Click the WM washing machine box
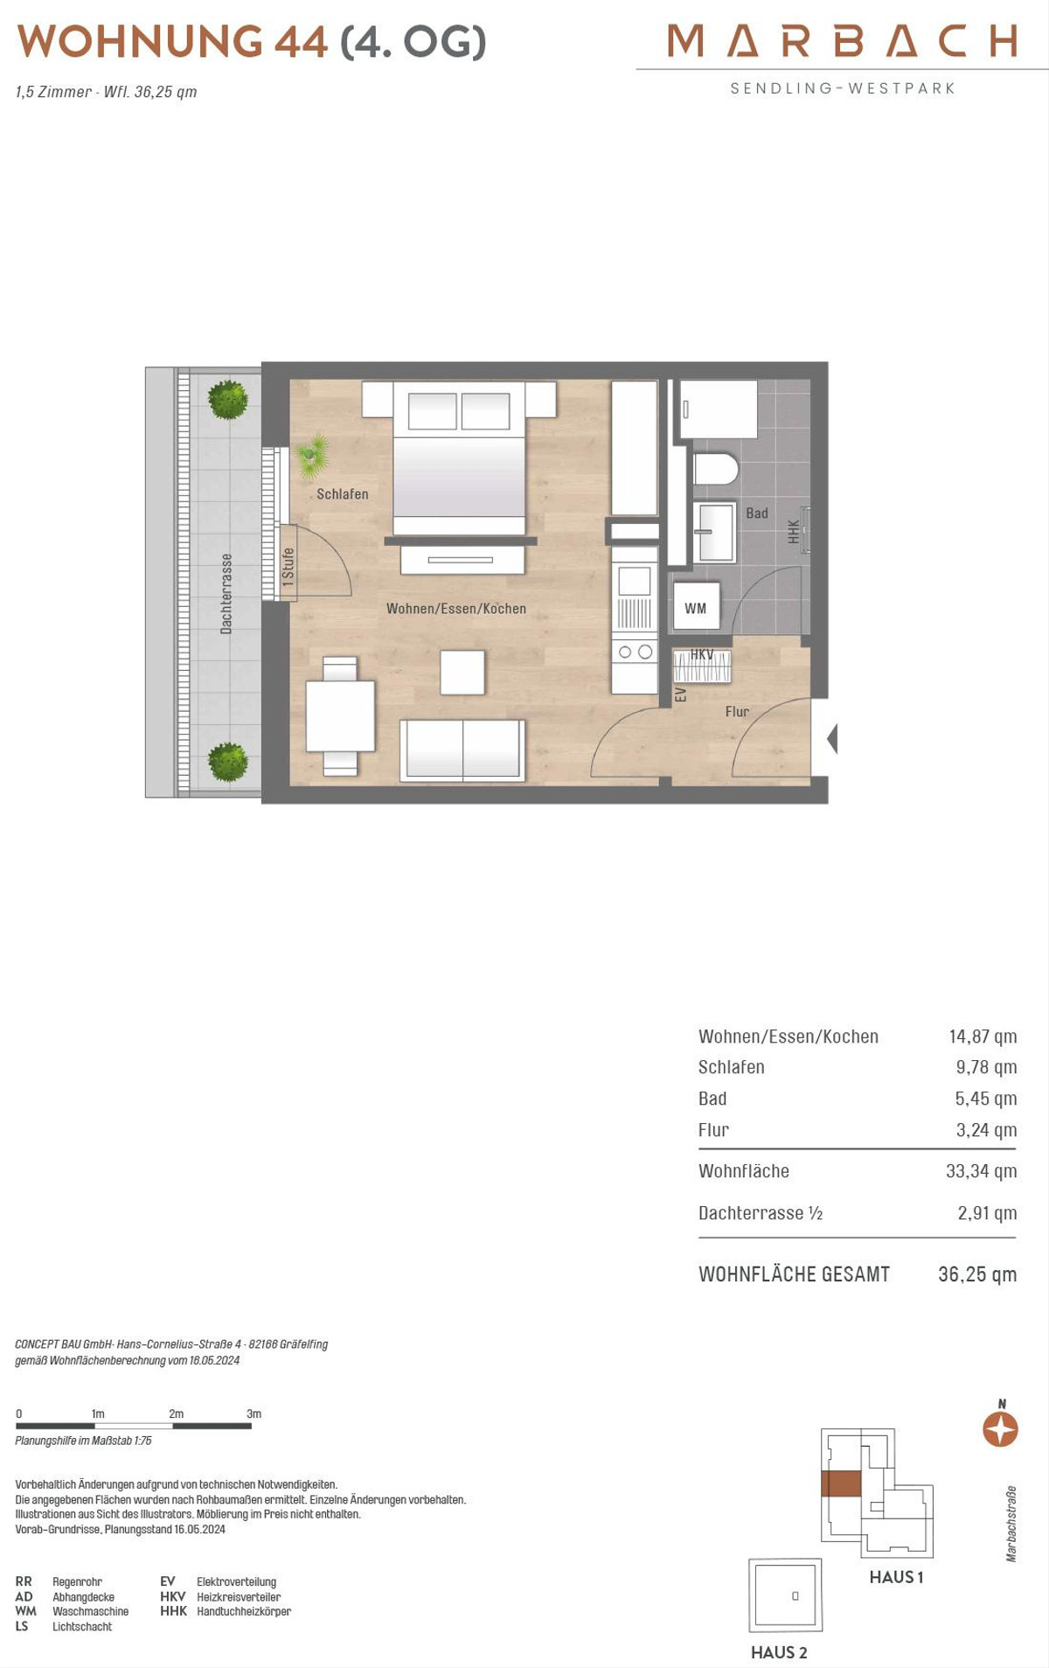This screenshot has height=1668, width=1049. pyautogui.click(x=696, y=606)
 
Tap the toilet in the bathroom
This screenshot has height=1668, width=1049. pyautogui.click(x=715, y=469)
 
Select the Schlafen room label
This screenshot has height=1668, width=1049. pyautogui.click(x=343, y=494)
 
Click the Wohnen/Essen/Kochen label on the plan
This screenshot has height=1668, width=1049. pyautogui.click(x=456, y=609)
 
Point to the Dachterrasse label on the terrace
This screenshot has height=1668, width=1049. pyautogui.click(x=226, y=593)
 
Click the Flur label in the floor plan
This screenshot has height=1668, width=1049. pyautogui.click(x=737, y=712)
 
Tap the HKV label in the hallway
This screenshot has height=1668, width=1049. pyautogui.click(x=702, y=654)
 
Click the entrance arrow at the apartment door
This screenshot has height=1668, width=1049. pyautogui.click(x=832, y=738)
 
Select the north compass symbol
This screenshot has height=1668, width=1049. pyautogui.click(x=1000, y=1430)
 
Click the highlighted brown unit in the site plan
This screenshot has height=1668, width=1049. pyautogui.click(x=841, y=1484)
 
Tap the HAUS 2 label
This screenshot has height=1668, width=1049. pyautogui.click(x=779, y=1652)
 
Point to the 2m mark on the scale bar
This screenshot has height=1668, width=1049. pyautogui.click(x=176, y=1413)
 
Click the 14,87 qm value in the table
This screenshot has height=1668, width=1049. pyautogui.click(x=983, y=1036)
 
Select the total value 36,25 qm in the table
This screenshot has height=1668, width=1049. pyautogui.click(x=977, y=1274)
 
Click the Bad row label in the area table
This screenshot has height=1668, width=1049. pyautogui.click(x=712, y=1099)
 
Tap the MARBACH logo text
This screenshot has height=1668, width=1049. pyautogui.click(x=843, y=40)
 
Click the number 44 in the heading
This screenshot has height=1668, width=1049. pyautogui.click(x=301, y=41)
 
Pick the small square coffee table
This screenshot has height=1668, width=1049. pyautogui.click(x=462, y=672)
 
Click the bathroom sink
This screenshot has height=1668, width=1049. pyautogui.click(x=715, y=531)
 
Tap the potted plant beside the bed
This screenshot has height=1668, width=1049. pyautogui.click(x=310, y=456)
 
